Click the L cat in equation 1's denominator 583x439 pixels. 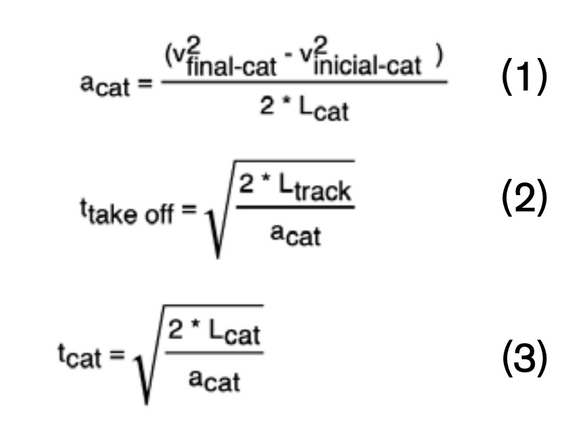click(328, 110)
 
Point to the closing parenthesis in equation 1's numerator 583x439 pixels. click(440, 60)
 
